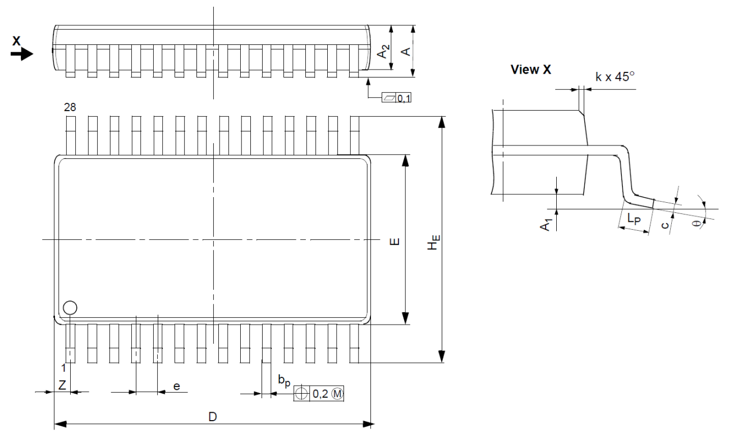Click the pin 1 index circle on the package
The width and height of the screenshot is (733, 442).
click(70, 307)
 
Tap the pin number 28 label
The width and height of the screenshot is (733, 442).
click(70, 107)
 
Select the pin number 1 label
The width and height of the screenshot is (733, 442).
click(64, 368)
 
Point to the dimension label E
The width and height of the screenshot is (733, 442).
click(395, 242)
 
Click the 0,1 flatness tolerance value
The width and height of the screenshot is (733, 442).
click(404, 98)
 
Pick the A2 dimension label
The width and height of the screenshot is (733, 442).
click(382, 52)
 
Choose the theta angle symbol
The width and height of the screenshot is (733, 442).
click(698, 223)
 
